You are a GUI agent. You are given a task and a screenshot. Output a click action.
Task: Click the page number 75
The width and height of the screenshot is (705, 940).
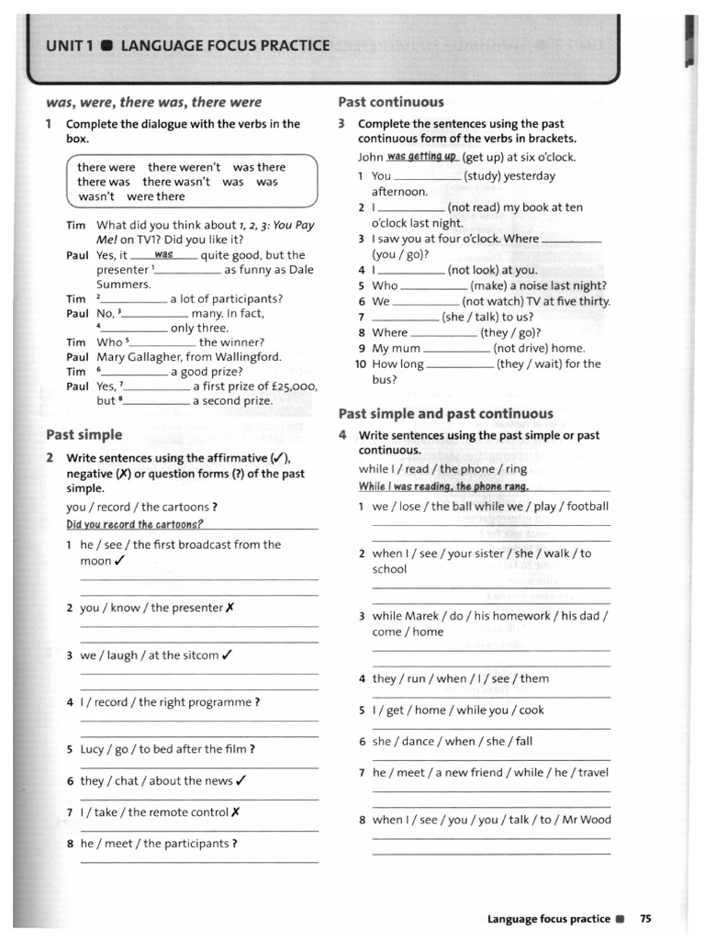click(x=645, y=918)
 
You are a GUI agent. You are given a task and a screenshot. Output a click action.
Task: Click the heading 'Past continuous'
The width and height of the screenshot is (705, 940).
click(x=391, y=102)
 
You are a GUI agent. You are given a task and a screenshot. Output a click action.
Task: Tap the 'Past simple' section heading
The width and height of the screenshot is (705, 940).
click(x=84, y=434)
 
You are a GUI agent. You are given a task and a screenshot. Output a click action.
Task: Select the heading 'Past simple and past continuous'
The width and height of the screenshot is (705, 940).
click(x=446, y=413)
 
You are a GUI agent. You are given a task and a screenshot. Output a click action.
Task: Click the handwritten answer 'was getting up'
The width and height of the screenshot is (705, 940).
click(x=421, y=157)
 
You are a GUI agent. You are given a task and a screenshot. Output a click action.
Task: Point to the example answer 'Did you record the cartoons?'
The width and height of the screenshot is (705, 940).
click(x=134, y=524)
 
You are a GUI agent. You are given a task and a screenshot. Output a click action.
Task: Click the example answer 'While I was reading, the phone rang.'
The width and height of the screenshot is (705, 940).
click(x=443, y=486)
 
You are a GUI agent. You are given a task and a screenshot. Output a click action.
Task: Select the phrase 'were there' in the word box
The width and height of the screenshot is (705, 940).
click(x=156, y=196)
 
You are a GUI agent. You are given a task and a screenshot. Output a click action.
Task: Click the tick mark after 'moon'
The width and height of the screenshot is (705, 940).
click(x=120, y=561)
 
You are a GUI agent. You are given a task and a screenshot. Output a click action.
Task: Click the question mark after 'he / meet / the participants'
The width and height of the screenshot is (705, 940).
click(x=235, y=844)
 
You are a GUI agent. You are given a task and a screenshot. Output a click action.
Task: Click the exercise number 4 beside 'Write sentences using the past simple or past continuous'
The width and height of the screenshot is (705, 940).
click(x=341, y=435)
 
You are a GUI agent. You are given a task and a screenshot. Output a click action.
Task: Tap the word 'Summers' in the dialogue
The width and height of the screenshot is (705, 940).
click(x=123, y=285)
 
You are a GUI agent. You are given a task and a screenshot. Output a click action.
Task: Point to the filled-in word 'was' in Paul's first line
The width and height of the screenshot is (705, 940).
click(x=164, y=254)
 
